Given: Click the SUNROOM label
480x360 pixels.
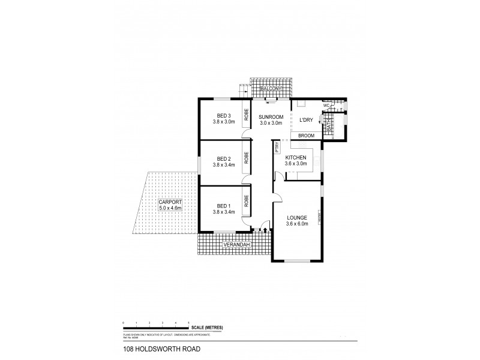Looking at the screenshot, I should (271, 117).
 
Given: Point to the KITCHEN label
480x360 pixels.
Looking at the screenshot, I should (296, 157).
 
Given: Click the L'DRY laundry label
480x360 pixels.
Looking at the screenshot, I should (307, 120).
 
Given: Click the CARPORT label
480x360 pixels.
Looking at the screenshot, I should (170, 202).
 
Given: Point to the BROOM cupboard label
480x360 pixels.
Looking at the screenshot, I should (307, 136).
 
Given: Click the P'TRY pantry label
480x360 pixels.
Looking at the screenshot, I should (277, 148).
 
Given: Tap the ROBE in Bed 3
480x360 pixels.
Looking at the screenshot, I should (247, 114).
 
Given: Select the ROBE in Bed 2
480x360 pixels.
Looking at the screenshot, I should (247, 158).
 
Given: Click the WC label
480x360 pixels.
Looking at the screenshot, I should (326, 106).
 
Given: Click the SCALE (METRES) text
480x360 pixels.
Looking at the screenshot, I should (208, 327).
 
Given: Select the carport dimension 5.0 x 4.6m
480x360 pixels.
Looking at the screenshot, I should (170, 208).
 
